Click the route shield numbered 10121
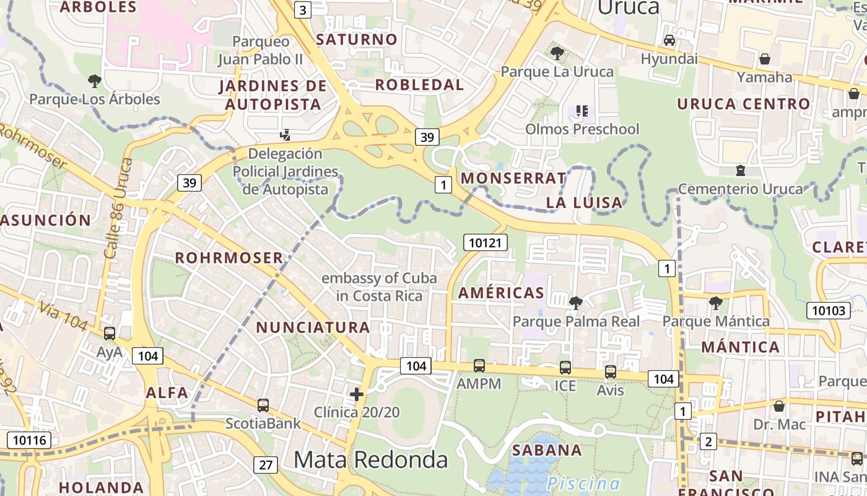pos(485,242)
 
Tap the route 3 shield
pos(302,10)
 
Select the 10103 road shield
pos(828,310)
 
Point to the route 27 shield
pos(266,464)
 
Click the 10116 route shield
pos(28,441)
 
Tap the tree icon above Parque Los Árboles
pos(95,81)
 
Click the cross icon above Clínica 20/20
pos(357,394)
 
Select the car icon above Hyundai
pos(669,40)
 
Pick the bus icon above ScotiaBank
pos(263,405)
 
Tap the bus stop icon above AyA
pos(110,334)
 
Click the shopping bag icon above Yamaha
pos(765,59)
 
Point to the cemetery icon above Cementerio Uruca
pos(740,170)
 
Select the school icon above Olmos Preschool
pos(582,111)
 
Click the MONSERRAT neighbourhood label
pos(513,179)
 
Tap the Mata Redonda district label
pos(370,459)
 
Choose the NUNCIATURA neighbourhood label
pos(313,327)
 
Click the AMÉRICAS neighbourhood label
pos(501,293)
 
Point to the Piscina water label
pos(583,484)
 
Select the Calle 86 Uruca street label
pos(115,208)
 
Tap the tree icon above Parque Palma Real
pos(576,303)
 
